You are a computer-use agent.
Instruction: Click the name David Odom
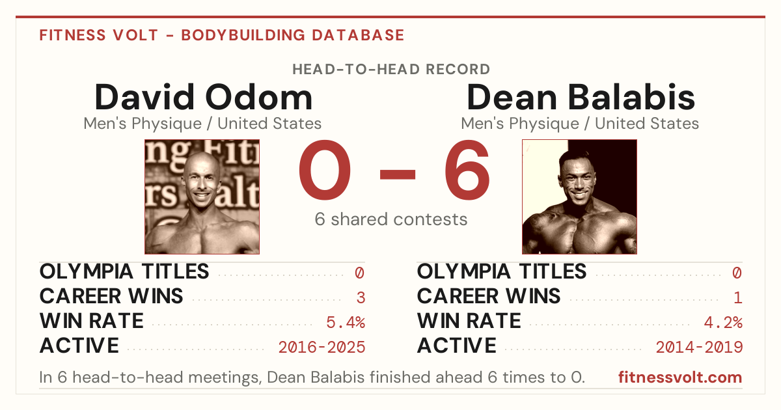pyautogui.click(x=203, y=97)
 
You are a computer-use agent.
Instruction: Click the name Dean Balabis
pyautogui.click(x=581, y=97)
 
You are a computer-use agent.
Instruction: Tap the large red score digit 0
pyautogui.click(x=325, y=170)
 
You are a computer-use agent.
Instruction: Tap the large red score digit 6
pyautogui.click(x=467, y=170)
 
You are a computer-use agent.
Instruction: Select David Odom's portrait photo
pyautogui.click(x=202, y=197)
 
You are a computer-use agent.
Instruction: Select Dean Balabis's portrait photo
pyautogui.click(x=579, y=197)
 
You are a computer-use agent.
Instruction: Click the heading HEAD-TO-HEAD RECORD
pyautogui.click(x=391, y=70)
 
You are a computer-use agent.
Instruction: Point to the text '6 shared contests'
pyautogui.click(x=391, y=219)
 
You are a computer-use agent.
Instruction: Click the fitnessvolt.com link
pyautogui.click(x=680, y=377)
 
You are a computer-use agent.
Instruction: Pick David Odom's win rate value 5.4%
pyautogui.click(x=346, y=323)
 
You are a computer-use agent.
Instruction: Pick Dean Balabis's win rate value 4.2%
pyautogui.click(x=723, y=323)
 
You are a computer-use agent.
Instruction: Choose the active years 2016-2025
pyautogui.click(x=322, y=348)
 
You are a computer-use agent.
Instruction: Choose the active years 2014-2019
pyautogui.click(x=699, y=348)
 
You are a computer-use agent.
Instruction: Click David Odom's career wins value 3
pyautogui.click(x=361, y=298)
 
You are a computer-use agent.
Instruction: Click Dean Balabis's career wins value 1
pyautogui.click(x=738, y=298)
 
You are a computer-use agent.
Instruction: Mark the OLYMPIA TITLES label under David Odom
pyautogui.click(x=124, y=271)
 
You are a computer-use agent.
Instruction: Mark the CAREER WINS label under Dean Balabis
pyautogui.click(x=489, y=296)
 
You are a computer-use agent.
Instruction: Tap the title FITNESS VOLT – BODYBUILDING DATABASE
pyautogui.click(x=222, y=35)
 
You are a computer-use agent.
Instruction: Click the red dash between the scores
pyautogui.click(x=398, y=174)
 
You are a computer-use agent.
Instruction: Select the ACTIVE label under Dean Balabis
pyautogui.click(x=456, y=346)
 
